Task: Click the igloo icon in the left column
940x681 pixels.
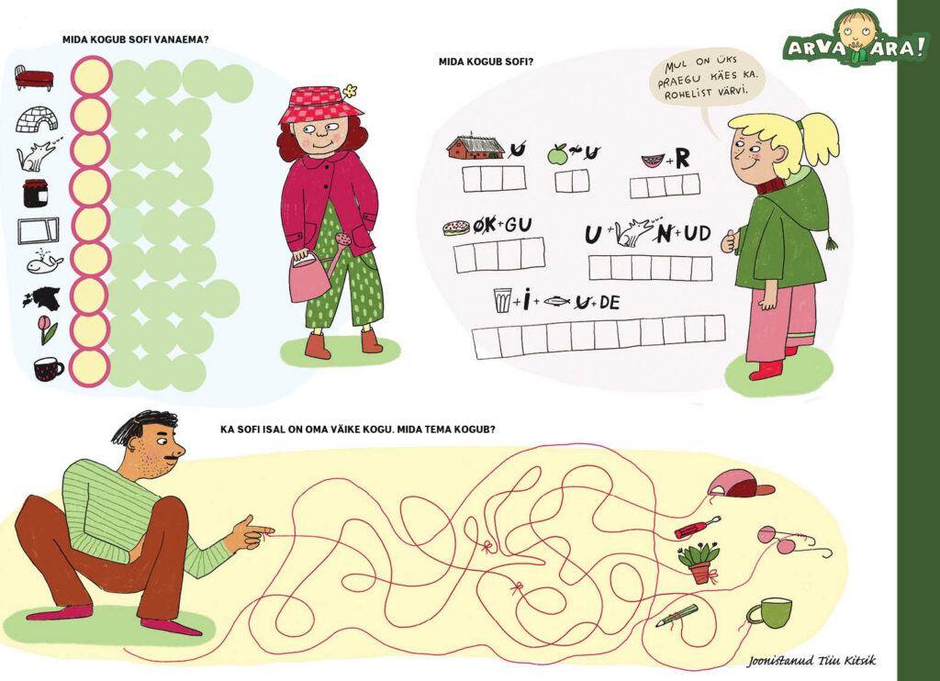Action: click(x=37, y=120)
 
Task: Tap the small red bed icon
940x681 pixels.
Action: click(x=34, y=78)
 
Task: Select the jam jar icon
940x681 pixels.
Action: click(x=36, y=193)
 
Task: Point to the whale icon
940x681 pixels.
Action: click(x=44, y=262)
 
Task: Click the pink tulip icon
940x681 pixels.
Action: click(x=48, y=329)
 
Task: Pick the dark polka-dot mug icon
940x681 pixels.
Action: click(x=48, y=368)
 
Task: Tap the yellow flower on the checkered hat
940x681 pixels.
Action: click(x=350, y=91)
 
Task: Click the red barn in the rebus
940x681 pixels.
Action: click(x=476, y=146)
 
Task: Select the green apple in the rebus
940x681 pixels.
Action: click(x=557, y=154)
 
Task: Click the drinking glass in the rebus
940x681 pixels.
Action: click(x=502, y=300)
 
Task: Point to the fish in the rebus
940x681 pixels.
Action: click(x=557, y=302)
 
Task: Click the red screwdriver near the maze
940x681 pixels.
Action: click(x=698, y=527)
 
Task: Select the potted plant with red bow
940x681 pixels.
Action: click(x=699, y=563)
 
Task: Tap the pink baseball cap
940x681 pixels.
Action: click(x=741, y=485)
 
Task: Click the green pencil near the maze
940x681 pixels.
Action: click(x=677, y=616)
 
